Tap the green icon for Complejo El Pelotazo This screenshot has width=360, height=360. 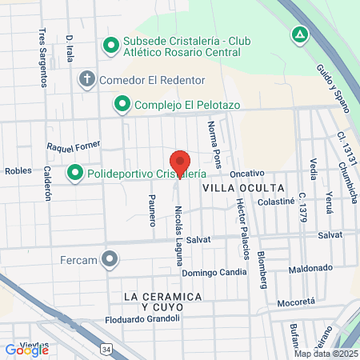click(122, 103)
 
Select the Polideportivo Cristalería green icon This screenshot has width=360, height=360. click(76, 173)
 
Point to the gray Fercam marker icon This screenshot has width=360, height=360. click(110, 259)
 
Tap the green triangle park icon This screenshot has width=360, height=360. click(299, 35)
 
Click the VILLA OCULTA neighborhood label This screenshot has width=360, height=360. click(232, 186)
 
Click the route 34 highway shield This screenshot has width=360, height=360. click(106, 349)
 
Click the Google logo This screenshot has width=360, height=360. click(26, 350)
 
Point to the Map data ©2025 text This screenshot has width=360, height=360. click(326, 354)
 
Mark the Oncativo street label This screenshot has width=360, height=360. click(246, 174)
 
